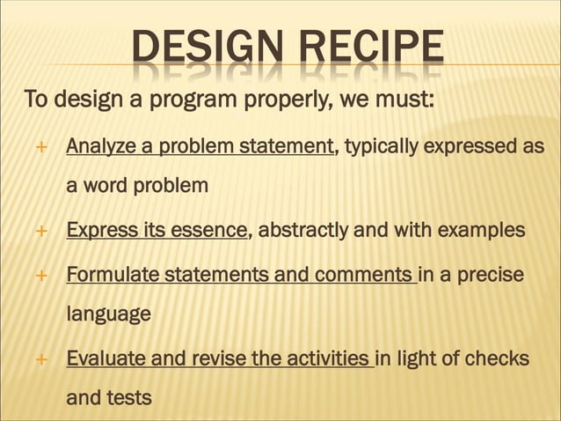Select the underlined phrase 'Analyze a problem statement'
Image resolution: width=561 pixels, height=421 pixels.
tap(200, 145)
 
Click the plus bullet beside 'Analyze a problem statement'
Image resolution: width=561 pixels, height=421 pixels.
tap(40, 146)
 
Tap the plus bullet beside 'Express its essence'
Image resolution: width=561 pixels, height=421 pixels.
tap(40, 232)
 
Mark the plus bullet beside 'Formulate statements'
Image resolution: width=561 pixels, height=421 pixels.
tap(40, 275)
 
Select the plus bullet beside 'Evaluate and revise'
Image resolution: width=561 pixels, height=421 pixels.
tap(40, 359)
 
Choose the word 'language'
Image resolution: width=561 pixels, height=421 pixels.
tap(109, 314)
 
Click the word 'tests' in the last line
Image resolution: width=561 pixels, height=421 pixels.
tap(127, 398)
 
